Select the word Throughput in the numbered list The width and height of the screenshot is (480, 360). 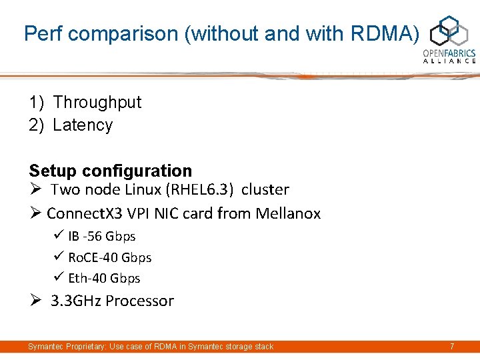coord(97,102)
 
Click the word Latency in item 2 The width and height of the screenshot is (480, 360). coord(83,125)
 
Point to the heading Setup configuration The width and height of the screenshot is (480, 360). coord(110,171)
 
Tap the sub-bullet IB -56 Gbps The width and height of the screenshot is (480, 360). coord(101,236)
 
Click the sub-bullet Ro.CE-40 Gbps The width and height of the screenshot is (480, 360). coord(109,257)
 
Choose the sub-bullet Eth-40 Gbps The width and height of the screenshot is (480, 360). coord(104,278)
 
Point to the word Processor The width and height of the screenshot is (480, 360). coord(139,301)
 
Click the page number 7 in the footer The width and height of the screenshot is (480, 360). coord(452,347)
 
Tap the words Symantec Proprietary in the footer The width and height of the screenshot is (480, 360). coord(60,347)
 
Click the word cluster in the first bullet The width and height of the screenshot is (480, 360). coord(265,189)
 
